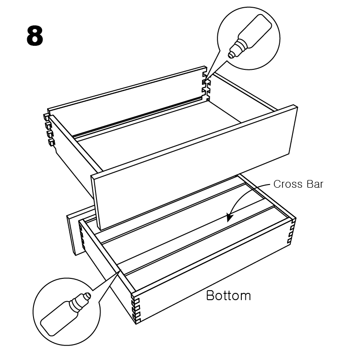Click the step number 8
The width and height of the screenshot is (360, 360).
tap(35, 36)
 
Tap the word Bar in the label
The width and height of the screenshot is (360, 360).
tap(315, 184)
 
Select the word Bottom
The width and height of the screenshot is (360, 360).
tap(228, 296)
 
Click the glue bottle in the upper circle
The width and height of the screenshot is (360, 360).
tap(250, 36)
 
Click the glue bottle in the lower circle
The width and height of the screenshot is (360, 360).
tap(66, 314)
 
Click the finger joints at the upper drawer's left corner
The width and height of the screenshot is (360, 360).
tap(49, 130)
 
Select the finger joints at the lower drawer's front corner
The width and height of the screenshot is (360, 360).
tap(136, 308)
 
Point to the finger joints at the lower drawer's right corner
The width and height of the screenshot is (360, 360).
tap(291, 231)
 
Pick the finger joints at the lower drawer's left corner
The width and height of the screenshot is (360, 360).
tap(82, 237)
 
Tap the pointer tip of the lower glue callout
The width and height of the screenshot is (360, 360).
tap(120, 269)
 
